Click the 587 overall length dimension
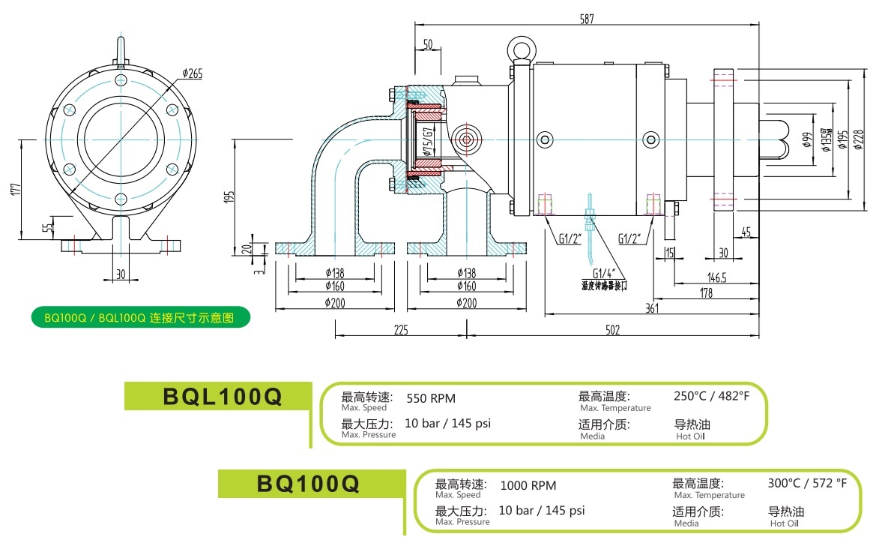click(587, 19)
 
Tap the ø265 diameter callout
click(193, 73)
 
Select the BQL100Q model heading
click(222, 397)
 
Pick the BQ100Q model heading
click(308, 484)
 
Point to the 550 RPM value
click(430, 398)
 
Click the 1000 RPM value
click(528, 486)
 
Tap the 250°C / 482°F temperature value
click(711, 396)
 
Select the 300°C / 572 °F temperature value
click(807, 483)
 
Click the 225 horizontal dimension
click(401, 330)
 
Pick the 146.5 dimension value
click(718, 277)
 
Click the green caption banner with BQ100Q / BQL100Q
click(139, 317)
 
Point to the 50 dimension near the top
click(428, 45)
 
